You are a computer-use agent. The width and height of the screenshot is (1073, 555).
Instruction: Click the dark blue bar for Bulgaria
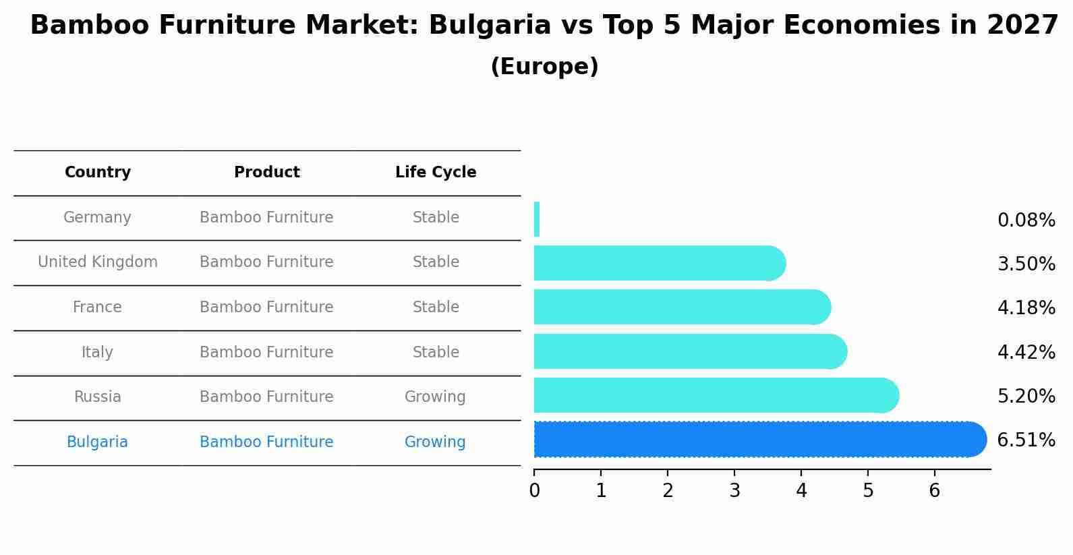760,439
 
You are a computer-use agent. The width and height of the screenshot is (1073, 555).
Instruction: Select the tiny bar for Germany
537,219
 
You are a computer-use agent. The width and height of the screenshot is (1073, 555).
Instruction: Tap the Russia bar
716,395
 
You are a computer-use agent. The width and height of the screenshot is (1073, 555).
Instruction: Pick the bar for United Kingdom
660,263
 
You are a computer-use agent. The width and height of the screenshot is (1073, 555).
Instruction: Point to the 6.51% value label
1026,440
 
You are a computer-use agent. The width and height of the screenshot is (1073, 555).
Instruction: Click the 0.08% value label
1026,220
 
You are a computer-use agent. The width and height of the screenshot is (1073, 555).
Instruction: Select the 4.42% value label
1026,352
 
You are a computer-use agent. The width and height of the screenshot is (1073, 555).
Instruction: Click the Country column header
98,172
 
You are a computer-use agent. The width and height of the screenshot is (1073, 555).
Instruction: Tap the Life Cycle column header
436,172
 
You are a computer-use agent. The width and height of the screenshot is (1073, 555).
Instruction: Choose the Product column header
267,172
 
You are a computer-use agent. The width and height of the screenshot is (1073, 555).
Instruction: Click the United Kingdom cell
98,262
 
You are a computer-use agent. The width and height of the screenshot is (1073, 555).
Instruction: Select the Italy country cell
97,352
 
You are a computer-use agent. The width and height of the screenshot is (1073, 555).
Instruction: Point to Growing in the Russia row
435,397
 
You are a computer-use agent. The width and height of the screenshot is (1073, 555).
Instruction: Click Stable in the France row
436,306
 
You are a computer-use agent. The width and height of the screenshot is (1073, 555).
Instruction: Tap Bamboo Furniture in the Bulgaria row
266,442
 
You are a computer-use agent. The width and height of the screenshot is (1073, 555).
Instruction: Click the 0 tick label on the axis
535,490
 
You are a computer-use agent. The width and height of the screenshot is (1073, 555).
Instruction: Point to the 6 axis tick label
935,490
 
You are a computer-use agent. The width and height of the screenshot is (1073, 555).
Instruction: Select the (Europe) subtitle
545,66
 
